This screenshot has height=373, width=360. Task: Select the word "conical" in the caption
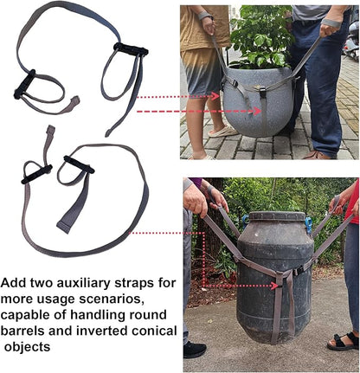tap(152, 331)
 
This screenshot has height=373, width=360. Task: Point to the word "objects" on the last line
tap(29, 348)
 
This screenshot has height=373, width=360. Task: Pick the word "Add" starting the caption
tap(15, 283)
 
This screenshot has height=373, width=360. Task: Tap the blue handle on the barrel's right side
tap(308, 225)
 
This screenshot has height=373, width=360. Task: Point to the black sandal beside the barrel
tap(344, 341)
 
